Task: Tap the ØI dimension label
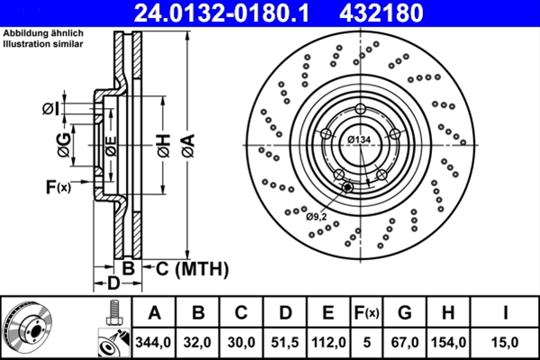click(x=51, y=110)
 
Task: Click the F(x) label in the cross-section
click(x=58, y=187)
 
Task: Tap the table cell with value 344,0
click(x=155, y=342)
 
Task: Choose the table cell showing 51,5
click(x=285, y=342)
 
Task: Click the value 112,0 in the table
click(x=328, y=342)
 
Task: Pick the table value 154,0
click(x=446, y=342)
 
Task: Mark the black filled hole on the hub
click(x=347, y=188)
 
